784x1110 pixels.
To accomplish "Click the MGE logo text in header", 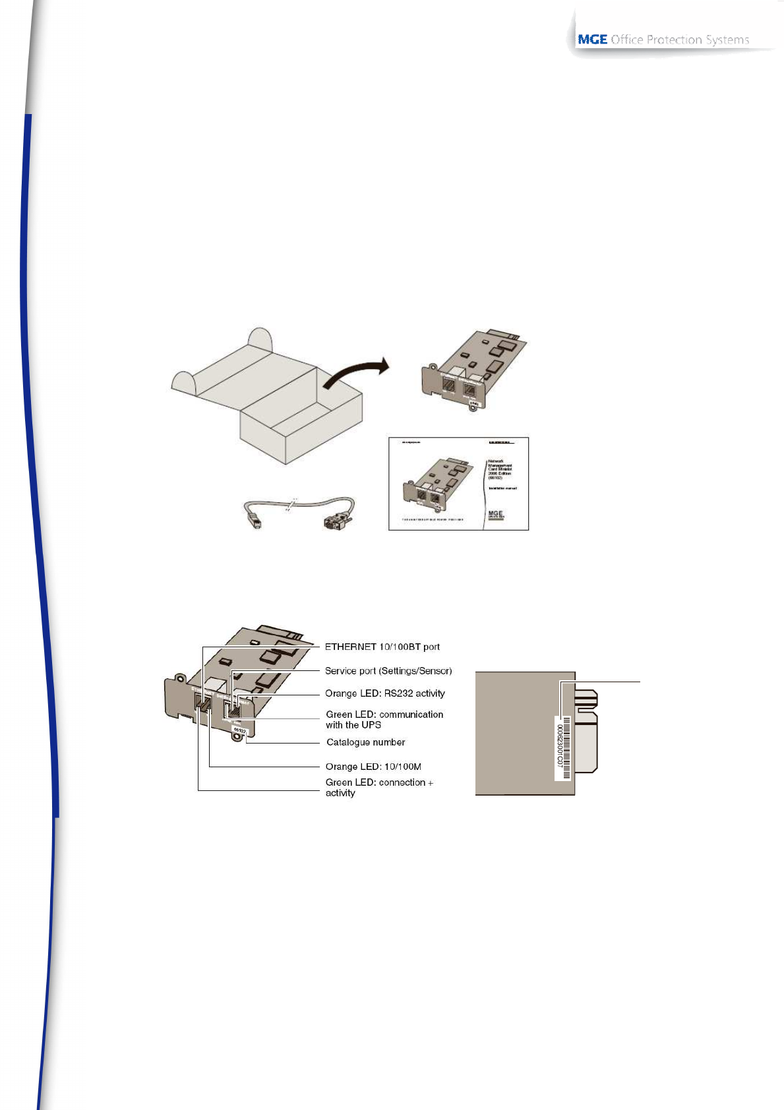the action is point(592,40).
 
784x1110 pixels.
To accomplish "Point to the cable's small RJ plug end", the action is point(254,523).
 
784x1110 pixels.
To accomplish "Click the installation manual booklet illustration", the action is point(458,483).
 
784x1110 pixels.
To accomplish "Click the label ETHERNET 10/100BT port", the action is point(382,647).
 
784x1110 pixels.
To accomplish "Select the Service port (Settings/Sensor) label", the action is point(388,671).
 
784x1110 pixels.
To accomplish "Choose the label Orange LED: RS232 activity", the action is point(384,693).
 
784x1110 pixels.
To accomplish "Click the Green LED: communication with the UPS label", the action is point(384,719).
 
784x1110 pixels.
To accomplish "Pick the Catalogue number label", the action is point(365,742).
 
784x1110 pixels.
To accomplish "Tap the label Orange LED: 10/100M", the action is point(373,767).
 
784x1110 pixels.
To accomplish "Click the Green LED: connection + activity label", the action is point(378,787).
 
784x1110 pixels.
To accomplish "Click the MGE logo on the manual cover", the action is point(495,514).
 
